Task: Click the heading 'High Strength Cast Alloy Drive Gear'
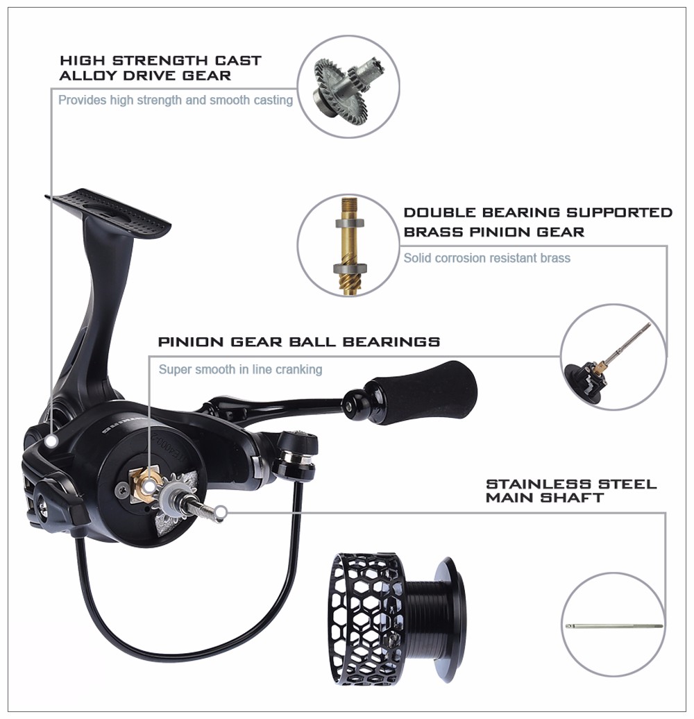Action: click(x=160, y=68)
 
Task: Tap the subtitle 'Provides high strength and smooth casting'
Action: click(x=176, y=100)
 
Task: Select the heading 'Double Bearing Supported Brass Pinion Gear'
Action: click(x=538, y=222)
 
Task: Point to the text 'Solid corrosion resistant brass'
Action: click(x=486, y=257)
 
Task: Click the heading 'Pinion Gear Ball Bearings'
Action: click(x=299, y=341)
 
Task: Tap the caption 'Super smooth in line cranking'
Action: click(x=240, y=369)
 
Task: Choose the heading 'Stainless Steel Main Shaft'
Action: click(x=571, y=491)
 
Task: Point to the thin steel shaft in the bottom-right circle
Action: click(x=613, y=625)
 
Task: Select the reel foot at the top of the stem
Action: click(x=108, y=212)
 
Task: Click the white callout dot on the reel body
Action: click(x=51, y=441)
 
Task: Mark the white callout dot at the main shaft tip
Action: click(x=221, y=512)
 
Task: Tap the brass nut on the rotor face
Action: click(x=146, y=484)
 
